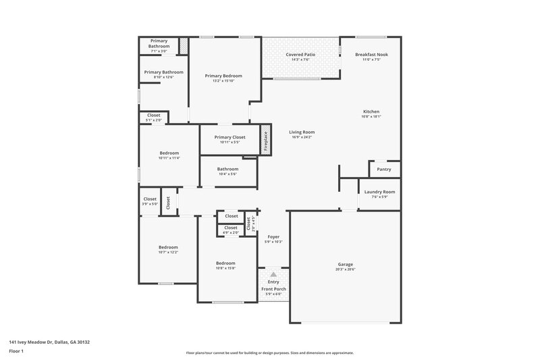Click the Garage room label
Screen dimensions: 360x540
tap(345, 264)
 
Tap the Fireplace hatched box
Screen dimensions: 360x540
tap(266, 140)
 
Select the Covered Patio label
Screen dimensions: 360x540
tap(300, 54)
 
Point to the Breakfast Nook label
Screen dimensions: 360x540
tap(371, 54)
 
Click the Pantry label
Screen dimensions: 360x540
tap(383, 169)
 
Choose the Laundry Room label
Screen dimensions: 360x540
tap(379, 192)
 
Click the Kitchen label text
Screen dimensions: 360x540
tap(371, 111)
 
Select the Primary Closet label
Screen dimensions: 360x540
tap(230, 137)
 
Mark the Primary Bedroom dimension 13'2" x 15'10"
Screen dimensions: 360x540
tap(223, 81)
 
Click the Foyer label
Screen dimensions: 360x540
tap(273, 236)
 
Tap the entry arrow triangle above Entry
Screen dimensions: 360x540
tap(273, 275)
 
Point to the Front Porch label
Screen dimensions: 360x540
tap(273, 289)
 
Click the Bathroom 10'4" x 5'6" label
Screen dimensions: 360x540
tap(227, 169)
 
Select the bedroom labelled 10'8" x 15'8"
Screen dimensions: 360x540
tap(225, 263)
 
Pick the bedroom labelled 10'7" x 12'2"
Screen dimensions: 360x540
tap(168, 247)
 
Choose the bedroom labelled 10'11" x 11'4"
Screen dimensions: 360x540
tap(169, 153)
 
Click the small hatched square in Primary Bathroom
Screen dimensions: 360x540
tap(183, 46)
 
